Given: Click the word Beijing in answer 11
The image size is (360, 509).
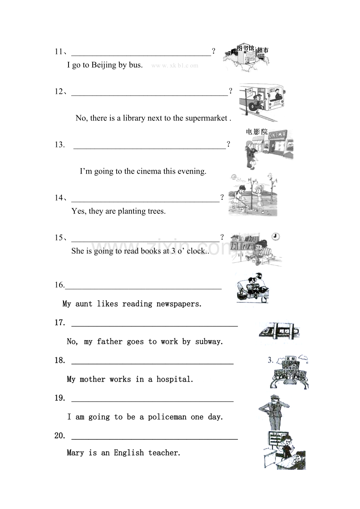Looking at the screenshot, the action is [104, 65].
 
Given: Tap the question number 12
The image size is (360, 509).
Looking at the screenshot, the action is [59, 91].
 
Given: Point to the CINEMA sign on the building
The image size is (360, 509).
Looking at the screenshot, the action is [277, 134].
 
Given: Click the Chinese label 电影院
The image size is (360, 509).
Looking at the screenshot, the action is [257, 132].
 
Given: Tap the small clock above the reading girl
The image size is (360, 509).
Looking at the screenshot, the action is [275, 237].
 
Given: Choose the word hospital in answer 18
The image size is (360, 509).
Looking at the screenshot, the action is [175, 379].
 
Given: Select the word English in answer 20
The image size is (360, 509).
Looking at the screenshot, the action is [129, 453].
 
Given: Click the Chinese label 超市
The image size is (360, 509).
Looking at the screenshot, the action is [263, 50].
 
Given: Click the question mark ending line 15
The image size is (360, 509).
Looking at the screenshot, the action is [222, 237].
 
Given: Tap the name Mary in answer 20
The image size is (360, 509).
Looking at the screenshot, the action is [75, 453].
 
